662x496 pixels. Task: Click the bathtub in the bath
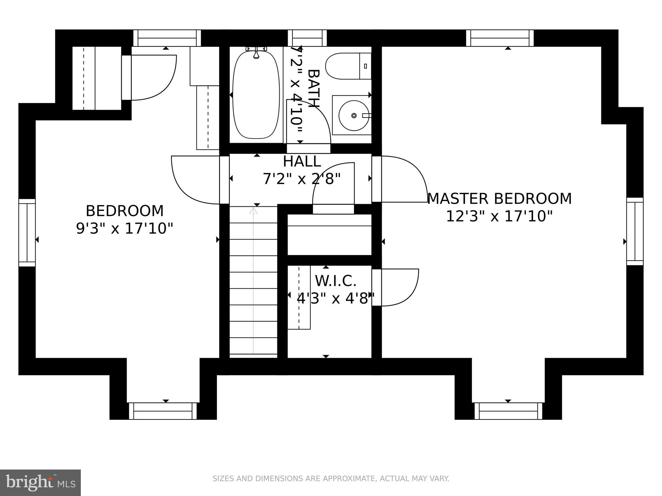[x=256, y=95]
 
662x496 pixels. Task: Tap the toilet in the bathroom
[x=347, y=67]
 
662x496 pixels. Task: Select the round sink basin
[x=354, y=115]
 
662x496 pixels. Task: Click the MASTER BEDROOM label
[x=499, y=199]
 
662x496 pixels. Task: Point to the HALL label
[x=302, y=161]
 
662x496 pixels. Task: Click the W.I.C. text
[x=336, y=281]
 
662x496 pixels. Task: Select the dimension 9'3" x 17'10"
[x=124, y=229]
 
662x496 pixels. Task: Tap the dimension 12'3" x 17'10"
[x=499, y=216]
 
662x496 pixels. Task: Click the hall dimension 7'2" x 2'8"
[x=302, y=179]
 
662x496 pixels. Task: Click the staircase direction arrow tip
[x=253, y=211]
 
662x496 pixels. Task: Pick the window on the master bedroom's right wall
[x=635, y=231]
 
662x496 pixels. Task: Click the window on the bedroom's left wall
[x=27, y=232]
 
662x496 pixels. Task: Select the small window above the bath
[x=307, y=38]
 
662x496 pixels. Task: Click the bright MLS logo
[x=40, y=482]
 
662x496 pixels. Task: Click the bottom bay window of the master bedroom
[x=508, y=411]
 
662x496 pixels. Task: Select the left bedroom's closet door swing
[x=152, y=77]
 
